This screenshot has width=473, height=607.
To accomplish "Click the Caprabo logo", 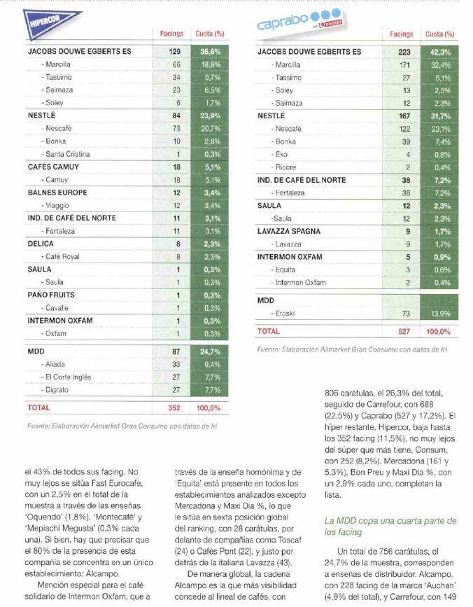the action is pyautogui.click(x=299, y=20).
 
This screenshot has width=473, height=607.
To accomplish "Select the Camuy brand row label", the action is pyautogui.click(x=57, y=180).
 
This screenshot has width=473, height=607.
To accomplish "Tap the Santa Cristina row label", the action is pyautogui.click(x=66, y=154).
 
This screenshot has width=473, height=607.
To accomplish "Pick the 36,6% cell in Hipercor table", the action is pyautogui.click(x=211, y=52).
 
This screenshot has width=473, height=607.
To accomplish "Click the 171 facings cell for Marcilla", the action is pyautogui.click(x=404, y=64).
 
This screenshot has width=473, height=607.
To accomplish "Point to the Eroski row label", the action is pyautogui.click(x=283, y=313).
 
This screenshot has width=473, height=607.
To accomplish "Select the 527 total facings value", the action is pyautogui.click(x=404, y=331).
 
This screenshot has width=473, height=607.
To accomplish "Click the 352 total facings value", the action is pyautogui.click(x=174, y=407).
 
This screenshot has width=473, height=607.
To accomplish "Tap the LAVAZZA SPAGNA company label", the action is pyautogui.click(x=289, y=231).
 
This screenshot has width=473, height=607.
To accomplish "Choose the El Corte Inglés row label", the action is pyautogui.click(x=66, y=377).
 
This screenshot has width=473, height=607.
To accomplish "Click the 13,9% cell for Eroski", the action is pyautogui.click(x=441, y=314).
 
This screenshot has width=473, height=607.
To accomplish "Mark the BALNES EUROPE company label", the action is pyautogui.click(x=57, y=193).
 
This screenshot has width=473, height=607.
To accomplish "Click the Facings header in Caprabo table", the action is pyautogui.click(x=402, y=34).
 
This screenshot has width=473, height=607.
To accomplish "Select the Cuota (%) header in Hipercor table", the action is pyautogui.click(x=210, y=34).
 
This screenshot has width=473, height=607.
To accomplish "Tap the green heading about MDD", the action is pyautogui.click(x=390, y=526).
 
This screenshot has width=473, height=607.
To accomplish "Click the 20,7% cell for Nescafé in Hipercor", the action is pyautogui.click(x=211, y=129).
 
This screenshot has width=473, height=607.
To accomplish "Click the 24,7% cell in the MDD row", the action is pyautogui.click(x=211, y=351).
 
